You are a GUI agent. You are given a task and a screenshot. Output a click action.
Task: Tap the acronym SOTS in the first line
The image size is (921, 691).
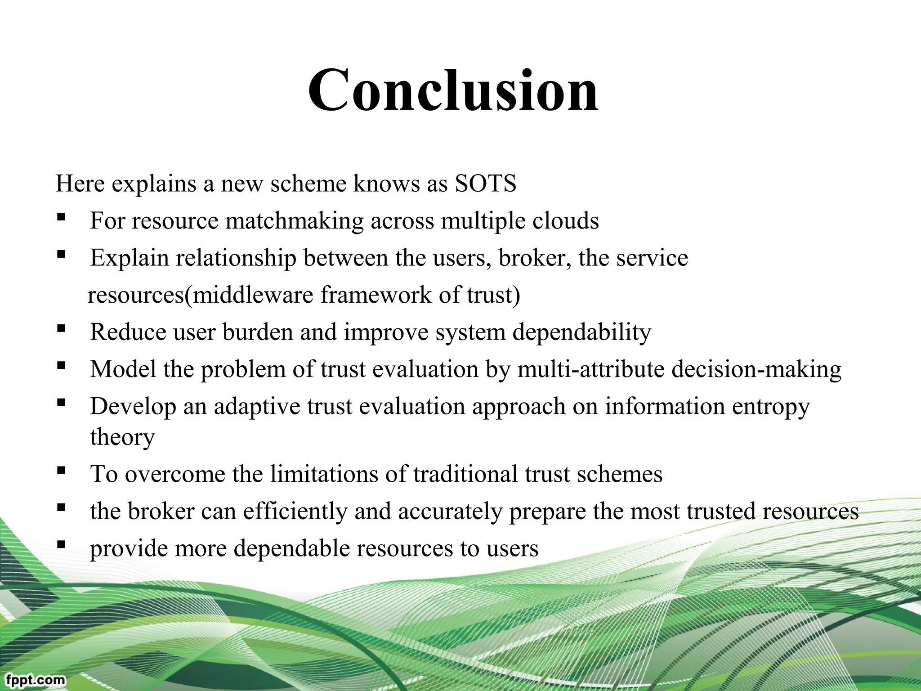(x=485, y=184)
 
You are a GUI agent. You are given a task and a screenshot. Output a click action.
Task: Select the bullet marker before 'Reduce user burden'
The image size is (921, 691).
(x=62, y=329)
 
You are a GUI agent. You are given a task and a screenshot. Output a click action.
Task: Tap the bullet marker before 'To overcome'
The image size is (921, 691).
(x=62, y=471)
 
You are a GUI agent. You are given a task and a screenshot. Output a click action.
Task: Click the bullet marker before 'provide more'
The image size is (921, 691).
(x=62, y=545)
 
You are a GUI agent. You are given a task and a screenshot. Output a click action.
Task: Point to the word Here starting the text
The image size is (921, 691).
(x=80, y=184)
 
